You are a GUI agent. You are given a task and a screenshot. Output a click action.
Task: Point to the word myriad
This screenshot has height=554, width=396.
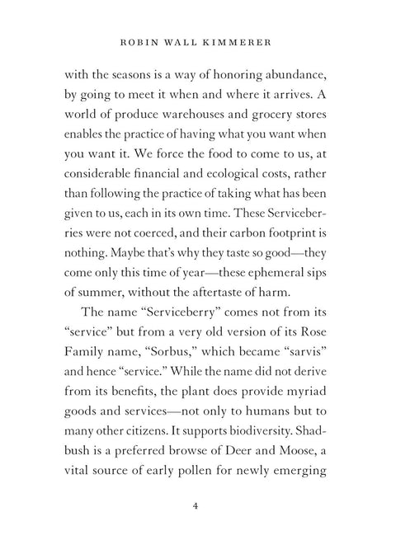coord(313,405)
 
